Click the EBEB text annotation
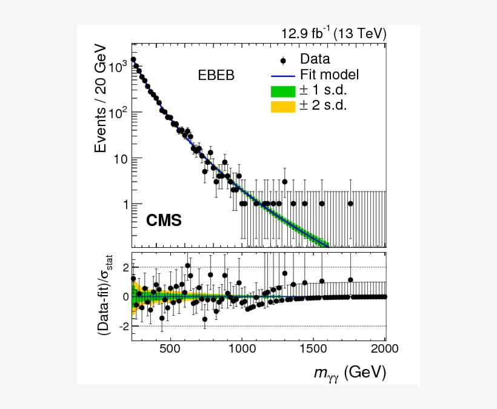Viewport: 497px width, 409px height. click(x=216, y=75)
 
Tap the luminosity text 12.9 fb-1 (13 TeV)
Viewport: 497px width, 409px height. click(x=333, y=33)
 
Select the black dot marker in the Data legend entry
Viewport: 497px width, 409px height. click(x=282, y=59)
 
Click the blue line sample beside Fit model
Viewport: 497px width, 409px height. click(x=282, y=75)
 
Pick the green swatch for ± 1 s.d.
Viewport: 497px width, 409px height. click(x=282, y=91)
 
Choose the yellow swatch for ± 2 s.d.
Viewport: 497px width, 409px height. click(x=282, y=106)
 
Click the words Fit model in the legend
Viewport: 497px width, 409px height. click(x=329, y=75)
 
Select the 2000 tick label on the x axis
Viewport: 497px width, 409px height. click(x=385, y=350)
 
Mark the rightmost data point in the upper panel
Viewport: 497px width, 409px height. click(x=350, y=204)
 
